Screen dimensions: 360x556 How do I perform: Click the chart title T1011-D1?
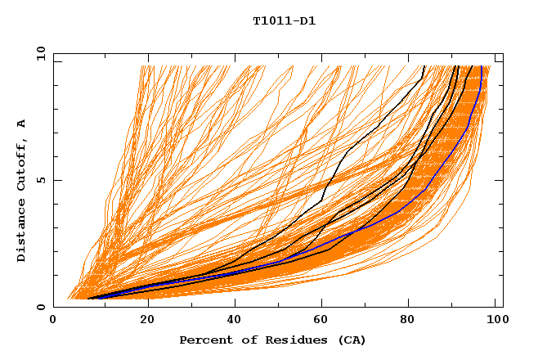(x=284, y=21)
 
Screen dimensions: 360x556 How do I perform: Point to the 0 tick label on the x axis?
(x=53, y=321)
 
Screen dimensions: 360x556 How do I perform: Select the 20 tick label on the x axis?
(x=146, y=321)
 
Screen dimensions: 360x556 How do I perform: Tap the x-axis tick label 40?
(x=235, y=321)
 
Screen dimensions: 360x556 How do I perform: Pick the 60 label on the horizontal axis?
(x=324, y=321)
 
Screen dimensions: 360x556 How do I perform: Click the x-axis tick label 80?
(x=413, y=321)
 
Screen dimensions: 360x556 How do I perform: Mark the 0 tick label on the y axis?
(x=40, y=308)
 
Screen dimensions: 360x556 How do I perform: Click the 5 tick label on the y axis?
(x=40, y=180)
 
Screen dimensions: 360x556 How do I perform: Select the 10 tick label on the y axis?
(x=38, y=53)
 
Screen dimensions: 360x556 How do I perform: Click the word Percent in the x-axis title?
(x=205, y=340)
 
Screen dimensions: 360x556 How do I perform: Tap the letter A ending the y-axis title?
(x=22, y=124)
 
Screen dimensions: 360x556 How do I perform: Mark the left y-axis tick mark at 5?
(x=56, y=180)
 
